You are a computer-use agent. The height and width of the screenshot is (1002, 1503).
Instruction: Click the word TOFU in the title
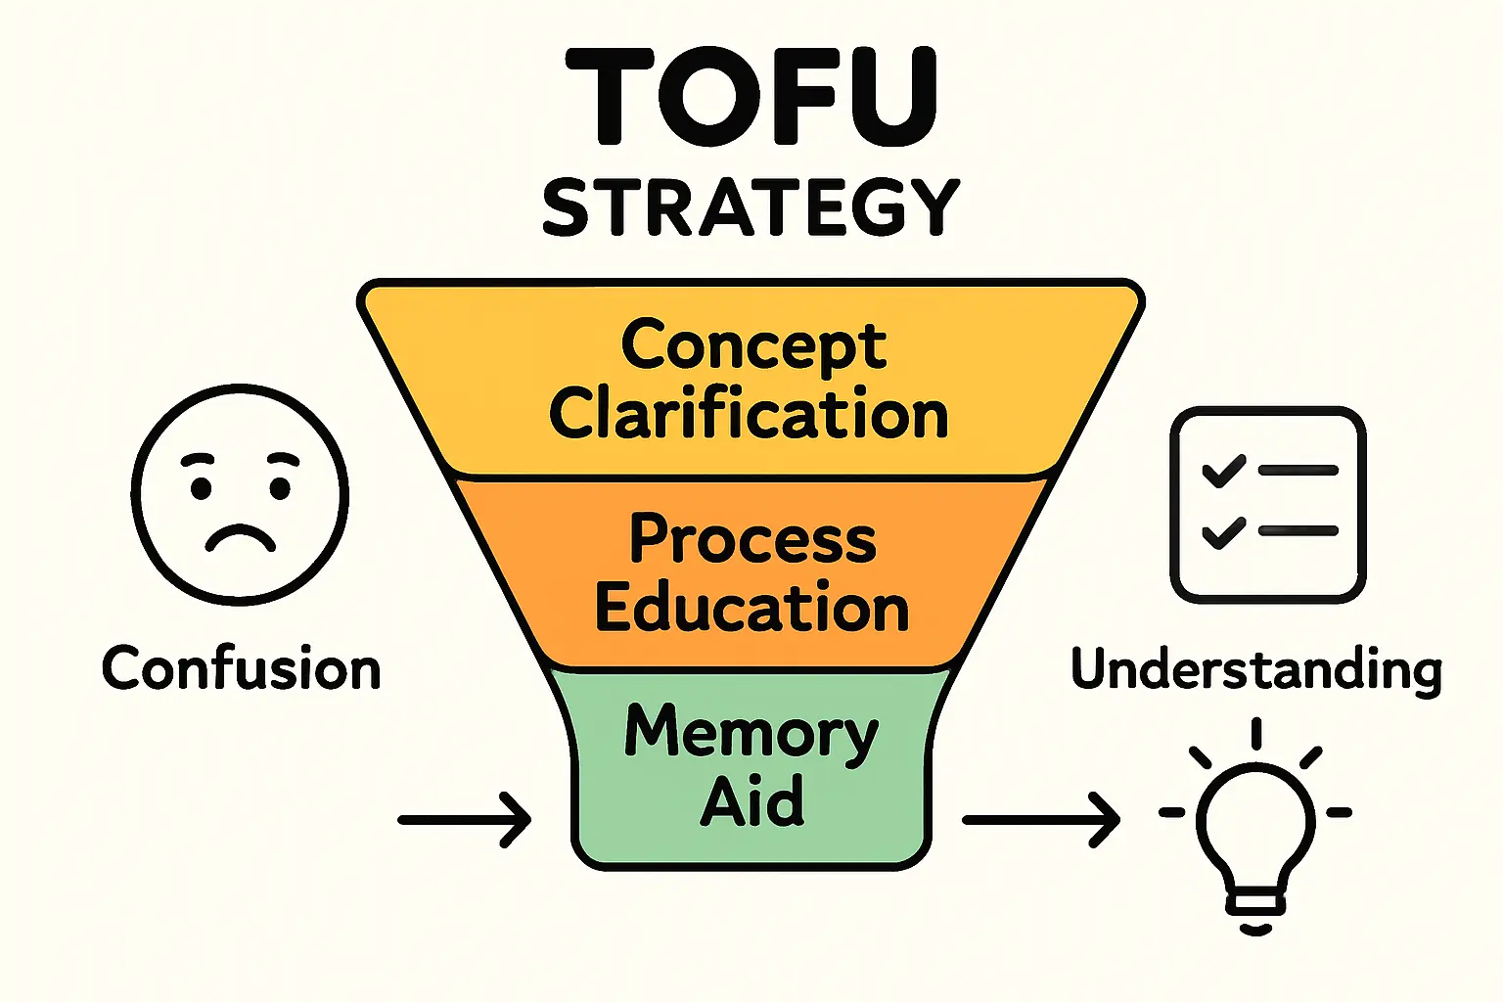pyautogui.click(x=751, y=96)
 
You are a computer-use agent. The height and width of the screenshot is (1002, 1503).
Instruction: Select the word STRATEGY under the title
pyautogui.click(x=751, y=207)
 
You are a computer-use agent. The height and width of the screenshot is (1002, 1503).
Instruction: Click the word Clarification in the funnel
pyautogui.click(x=750, y=413)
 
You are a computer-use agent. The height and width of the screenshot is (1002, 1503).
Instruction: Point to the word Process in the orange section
pyautogui.click(x=751, y=538)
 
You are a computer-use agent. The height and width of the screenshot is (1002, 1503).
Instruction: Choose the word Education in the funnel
pyautogui.click(x=751, y=607)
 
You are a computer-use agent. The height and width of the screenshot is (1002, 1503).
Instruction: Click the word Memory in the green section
pyautogui.click(x=751, y=734)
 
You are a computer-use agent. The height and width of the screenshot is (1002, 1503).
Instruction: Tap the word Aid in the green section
pyautogui.click(x=751, y=800)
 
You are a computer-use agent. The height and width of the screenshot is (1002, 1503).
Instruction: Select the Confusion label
pyautogui.click(x=241, y=669)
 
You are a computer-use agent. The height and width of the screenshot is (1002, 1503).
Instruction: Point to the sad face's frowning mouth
pyautogui.click(x=239, y=537)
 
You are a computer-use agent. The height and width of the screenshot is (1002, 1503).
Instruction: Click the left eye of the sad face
pyautogui.click(x=202, y=486)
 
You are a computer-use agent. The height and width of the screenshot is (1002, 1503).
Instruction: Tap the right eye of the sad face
pyautogui.click(x=281, y=486)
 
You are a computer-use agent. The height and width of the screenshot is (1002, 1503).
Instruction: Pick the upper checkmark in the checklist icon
pyautogui.click(x=1223, y=471)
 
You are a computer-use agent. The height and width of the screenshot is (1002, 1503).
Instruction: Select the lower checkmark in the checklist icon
pyautogui.click(x=1223, y=531)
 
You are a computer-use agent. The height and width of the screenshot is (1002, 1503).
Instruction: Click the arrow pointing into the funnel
pyautogui.click(x=465, y=819)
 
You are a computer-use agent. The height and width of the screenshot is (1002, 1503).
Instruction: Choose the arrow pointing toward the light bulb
pyautogui.click(x=1041, y=819)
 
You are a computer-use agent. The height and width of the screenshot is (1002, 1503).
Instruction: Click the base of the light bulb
pyautogui.click(x=1256, y=906)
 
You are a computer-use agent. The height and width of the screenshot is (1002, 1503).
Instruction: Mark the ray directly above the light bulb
pyautogui.click(x=1256, y=734)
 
